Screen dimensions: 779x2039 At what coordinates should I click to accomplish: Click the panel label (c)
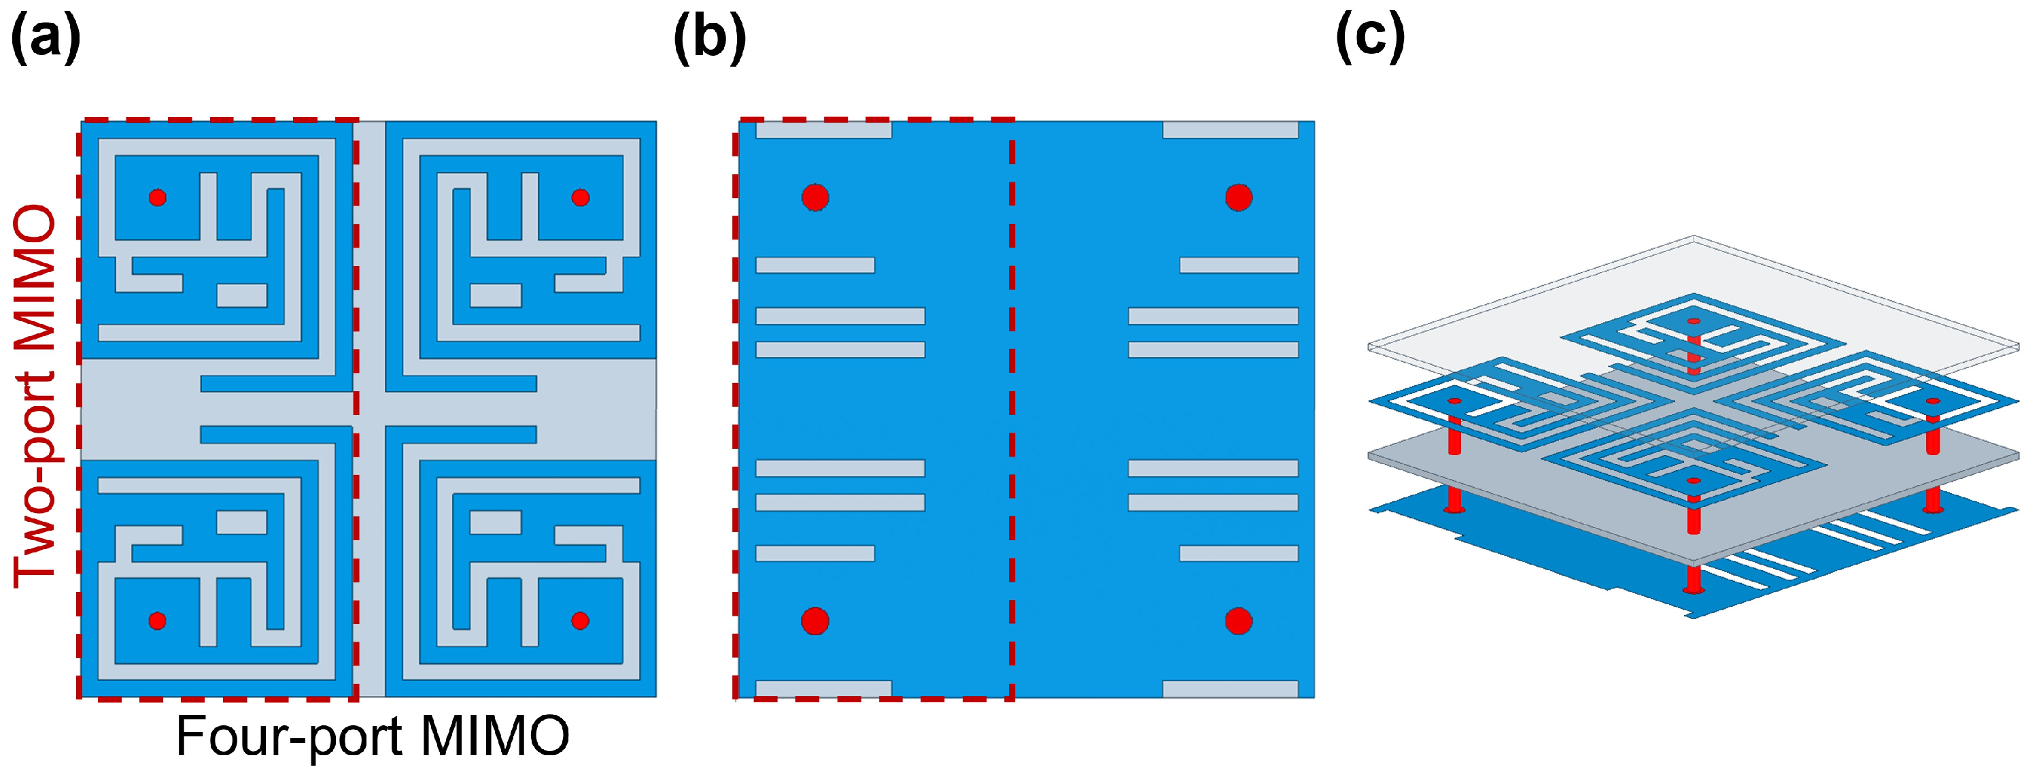1370,37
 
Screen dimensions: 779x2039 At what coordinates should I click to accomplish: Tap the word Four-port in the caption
286,737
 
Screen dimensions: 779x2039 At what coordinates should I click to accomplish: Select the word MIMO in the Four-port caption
495,737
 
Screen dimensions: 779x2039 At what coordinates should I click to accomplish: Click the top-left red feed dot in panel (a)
158,197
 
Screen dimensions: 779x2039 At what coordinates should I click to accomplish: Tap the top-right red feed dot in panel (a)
580,197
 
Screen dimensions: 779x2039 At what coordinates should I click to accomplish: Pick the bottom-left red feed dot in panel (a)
158,620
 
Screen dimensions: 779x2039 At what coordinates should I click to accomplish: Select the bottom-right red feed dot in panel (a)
580,620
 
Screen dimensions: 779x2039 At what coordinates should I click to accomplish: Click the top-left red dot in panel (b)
815,197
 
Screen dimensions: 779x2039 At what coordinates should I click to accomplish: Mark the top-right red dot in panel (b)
1239,197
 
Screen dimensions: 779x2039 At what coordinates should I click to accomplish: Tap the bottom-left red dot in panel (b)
815,620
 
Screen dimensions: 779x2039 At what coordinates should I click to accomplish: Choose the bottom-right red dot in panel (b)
1239,620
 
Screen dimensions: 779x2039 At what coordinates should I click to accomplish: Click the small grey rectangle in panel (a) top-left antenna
241,295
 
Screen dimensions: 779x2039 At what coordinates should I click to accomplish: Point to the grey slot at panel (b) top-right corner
1230,130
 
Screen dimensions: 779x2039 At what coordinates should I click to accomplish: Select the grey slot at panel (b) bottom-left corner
823,689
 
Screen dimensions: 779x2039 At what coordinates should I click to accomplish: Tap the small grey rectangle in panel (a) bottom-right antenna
496,523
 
